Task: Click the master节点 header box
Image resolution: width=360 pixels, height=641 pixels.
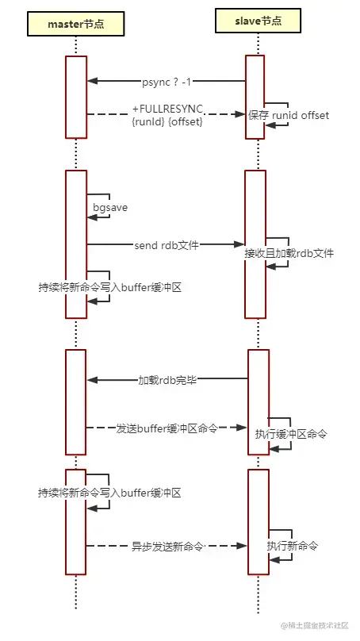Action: pyautogui.click(x=76, y=24)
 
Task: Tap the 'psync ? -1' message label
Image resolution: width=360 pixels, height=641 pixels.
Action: pyautogui.click(x=167, y=81)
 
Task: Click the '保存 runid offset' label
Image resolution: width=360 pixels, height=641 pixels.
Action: pyautogui.click(x=289, y=116)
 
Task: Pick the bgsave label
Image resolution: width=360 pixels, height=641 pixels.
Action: pyautogui.click(x=110, y=207)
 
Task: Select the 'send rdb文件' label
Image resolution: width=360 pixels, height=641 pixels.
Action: pyautogui.click(x=166, y=245)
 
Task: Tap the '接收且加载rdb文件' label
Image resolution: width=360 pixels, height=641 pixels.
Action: pyautogui.click(x=289, y=254)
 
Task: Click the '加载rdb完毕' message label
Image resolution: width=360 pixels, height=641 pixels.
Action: pyautogui.click(x=167, y=380)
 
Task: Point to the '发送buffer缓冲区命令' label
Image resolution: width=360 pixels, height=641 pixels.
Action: pyautogui.click(x=167, y=428)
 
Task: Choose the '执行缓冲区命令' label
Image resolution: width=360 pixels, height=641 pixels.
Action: pyautogui.click(x=291, y=434)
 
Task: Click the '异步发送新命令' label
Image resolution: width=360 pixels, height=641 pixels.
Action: pyautogui.click(x=167, y=546)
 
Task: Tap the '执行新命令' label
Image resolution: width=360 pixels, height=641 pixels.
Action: pyautogui.click(x=293, y=546)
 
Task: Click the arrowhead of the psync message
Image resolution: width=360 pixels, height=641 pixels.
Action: pyautogui.click(x=92, y=81)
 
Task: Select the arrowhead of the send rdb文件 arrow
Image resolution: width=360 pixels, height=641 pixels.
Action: pyautogui.click(x=239, y=245)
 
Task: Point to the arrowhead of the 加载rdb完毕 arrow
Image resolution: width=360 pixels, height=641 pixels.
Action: pyautogui.click(x=92, y=380)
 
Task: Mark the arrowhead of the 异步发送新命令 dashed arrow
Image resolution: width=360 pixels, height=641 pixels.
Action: pyautogui.click(x=241, y=546)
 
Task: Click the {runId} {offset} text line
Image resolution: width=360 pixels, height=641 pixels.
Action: pyautogui.click(x=167, y=122)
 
